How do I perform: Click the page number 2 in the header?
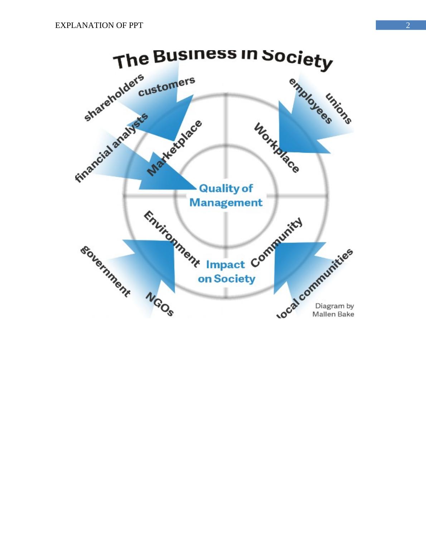pyautogui.click(x=408, y=25)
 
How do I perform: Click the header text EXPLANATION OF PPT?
pyautogui.click(x=99, y=25)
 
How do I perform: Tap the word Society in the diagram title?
pyautogui.click(x=297, y=59)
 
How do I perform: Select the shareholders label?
pyautogui.click(x=113, y=97)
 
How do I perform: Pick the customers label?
pyautogui.click(x=166, y=86)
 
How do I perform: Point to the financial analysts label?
pyautogui.click(x=111, y=147)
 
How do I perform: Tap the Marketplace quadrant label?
pyautogui.click(x=175, y=148)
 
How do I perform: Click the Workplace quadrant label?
pyautogui.click(x=276, y=148)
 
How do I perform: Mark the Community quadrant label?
pyautogui.click(x=276, y=242)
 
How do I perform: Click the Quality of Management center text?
pyautogui.click(x=226, y=195)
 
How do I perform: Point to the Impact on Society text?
pyautogui.click(x=226, y=272)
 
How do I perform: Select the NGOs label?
pyautogui.click(x=160, y=304)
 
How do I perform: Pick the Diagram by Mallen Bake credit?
pyautogui.click(x=334, y=310)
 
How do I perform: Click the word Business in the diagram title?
pyautogui.click(x=195, y=55)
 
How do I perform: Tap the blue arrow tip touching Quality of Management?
pyautogui.click(x=194, y=187)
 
